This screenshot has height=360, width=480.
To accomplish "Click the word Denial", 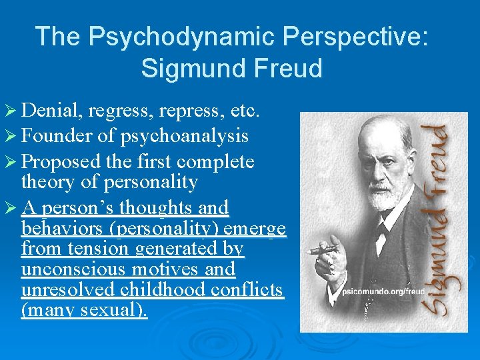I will click(x=51, y=110).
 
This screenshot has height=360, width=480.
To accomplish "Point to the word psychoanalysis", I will click(x=185, y=136).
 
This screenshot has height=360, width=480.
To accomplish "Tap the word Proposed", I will click(x=61, y=162).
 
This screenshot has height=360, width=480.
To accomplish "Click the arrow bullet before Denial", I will click(x=12, y=110).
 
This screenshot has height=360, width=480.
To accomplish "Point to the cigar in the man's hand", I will click(x=324, y=249).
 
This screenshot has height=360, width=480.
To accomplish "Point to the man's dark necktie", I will click(x=381, y=233).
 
